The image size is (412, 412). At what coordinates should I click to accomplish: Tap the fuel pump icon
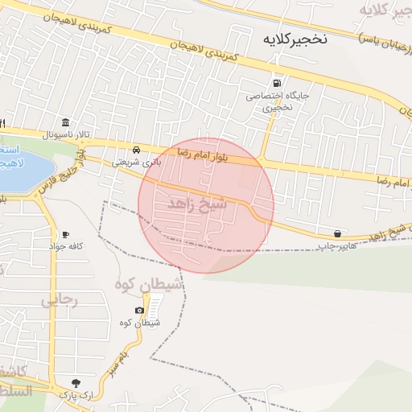(x=278, y=82)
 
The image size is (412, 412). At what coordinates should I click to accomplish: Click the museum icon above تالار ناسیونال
(x=64, y=122)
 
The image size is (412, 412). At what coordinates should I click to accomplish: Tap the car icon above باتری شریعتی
(x=137, y=150)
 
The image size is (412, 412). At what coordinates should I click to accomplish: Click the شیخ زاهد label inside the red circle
(x=197, y=205)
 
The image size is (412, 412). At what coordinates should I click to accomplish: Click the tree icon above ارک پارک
(x=76, y=383)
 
